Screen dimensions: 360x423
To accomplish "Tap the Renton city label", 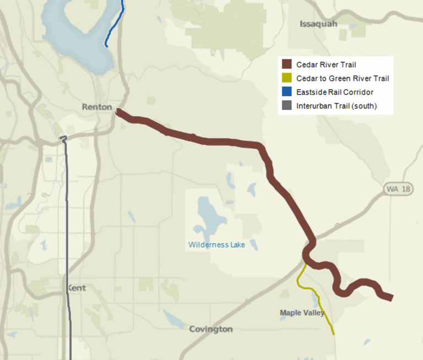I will [97, 107].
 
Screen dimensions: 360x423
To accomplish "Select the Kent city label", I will [77, 288].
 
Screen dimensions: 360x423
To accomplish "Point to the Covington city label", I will [210, 329].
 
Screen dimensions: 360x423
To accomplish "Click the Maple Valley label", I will [302, 313].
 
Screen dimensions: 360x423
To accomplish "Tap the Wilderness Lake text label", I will [216, 244].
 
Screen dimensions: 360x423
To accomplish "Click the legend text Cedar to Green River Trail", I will [342, 78].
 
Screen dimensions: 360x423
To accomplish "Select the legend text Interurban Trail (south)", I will [336, 106].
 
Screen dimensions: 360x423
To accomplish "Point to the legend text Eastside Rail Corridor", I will [334, 92].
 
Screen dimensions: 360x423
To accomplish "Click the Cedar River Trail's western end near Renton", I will [119, 112].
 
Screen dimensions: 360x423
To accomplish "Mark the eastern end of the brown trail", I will [391, 297].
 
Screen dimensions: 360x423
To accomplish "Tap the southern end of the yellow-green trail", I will [333, 334].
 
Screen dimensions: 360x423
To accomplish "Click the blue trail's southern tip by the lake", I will [106, 45].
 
